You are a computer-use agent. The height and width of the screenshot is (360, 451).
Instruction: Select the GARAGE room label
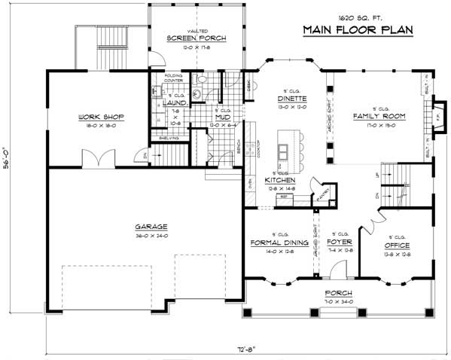point(151,226)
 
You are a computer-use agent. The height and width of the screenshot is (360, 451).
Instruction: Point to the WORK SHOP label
point(101,117)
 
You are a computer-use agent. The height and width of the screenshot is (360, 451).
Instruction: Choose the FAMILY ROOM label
point(379,117)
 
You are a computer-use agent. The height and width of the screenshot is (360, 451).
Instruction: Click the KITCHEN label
point(279,181)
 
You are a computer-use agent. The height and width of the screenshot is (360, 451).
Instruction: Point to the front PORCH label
point(334,294)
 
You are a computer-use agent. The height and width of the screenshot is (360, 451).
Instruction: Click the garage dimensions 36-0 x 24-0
point(151,235)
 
